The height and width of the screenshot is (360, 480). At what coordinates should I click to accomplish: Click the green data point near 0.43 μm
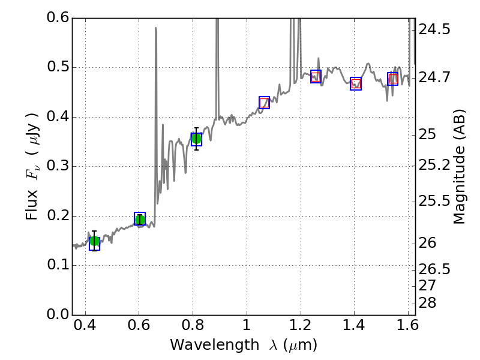pyautogui.click(x=94, y=241)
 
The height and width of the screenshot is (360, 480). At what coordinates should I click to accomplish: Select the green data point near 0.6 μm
pyautogui.click(x=140, y=220)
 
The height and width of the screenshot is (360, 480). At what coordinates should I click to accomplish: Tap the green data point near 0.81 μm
pyautogui.click(x=196, y=139)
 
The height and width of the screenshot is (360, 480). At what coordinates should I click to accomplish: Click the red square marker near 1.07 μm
pyautogui.click(x=264, y=103)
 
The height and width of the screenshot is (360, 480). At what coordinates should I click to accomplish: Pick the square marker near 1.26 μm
pyautogui.click(x=316, y=76)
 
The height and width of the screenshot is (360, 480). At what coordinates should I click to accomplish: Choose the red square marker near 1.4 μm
pyautogui.click(x=356, y=83)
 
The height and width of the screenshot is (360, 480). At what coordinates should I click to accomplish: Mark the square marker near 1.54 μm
pyautogui.click(x=392, y=79)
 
